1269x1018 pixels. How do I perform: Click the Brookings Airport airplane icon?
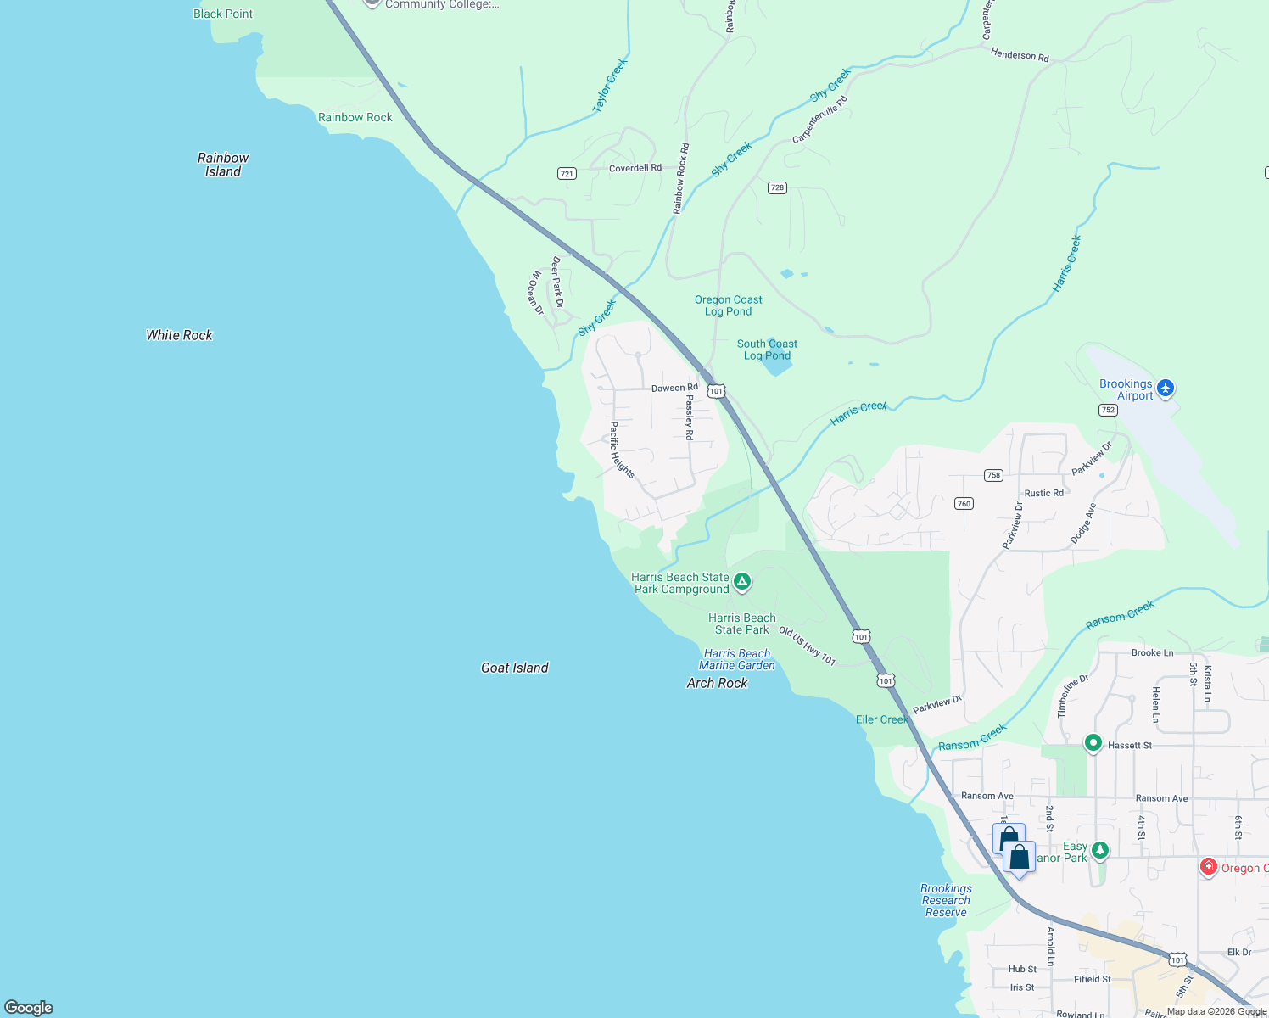(x=1166, y=388)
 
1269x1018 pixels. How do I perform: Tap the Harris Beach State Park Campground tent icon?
(x=742, y=581)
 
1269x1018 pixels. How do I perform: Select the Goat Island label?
(x=514, y=668)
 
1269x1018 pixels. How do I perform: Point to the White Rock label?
(x=179, y=335)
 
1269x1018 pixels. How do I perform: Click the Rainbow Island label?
(x=223, y=165)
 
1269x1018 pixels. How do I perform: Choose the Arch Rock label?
(x=717, y=683)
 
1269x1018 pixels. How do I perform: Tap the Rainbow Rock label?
(x=355, y=117)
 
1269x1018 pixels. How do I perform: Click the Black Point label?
(x=222, y=14)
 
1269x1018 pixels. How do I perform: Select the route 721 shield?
(x=567, y=173)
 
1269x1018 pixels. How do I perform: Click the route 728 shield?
(x=777, y=187)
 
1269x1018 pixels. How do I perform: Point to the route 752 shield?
(x=1108, y=410)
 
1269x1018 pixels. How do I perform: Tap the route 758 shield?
(x=993, y=475)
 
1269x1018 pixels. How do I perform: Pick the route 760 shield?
(x=964, y=503)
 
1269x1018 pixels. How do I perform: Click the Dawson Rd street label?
(x=674, y=388)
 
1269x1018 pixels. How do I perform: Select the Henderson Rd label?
(x=1020, y=55)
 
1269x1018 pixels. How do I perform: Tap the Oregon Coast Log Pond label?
(x=728, y=305)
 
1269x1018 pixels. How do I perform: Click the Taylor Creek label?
(x=610, y=86)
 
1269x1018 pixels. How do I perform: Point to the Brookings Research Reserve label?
(x=946, y=900)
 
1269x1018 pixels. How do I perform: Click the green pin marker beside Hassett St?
(x=1093, y=743)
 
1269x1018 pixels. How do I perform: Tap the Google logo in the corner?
(x=29, y=1007)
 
